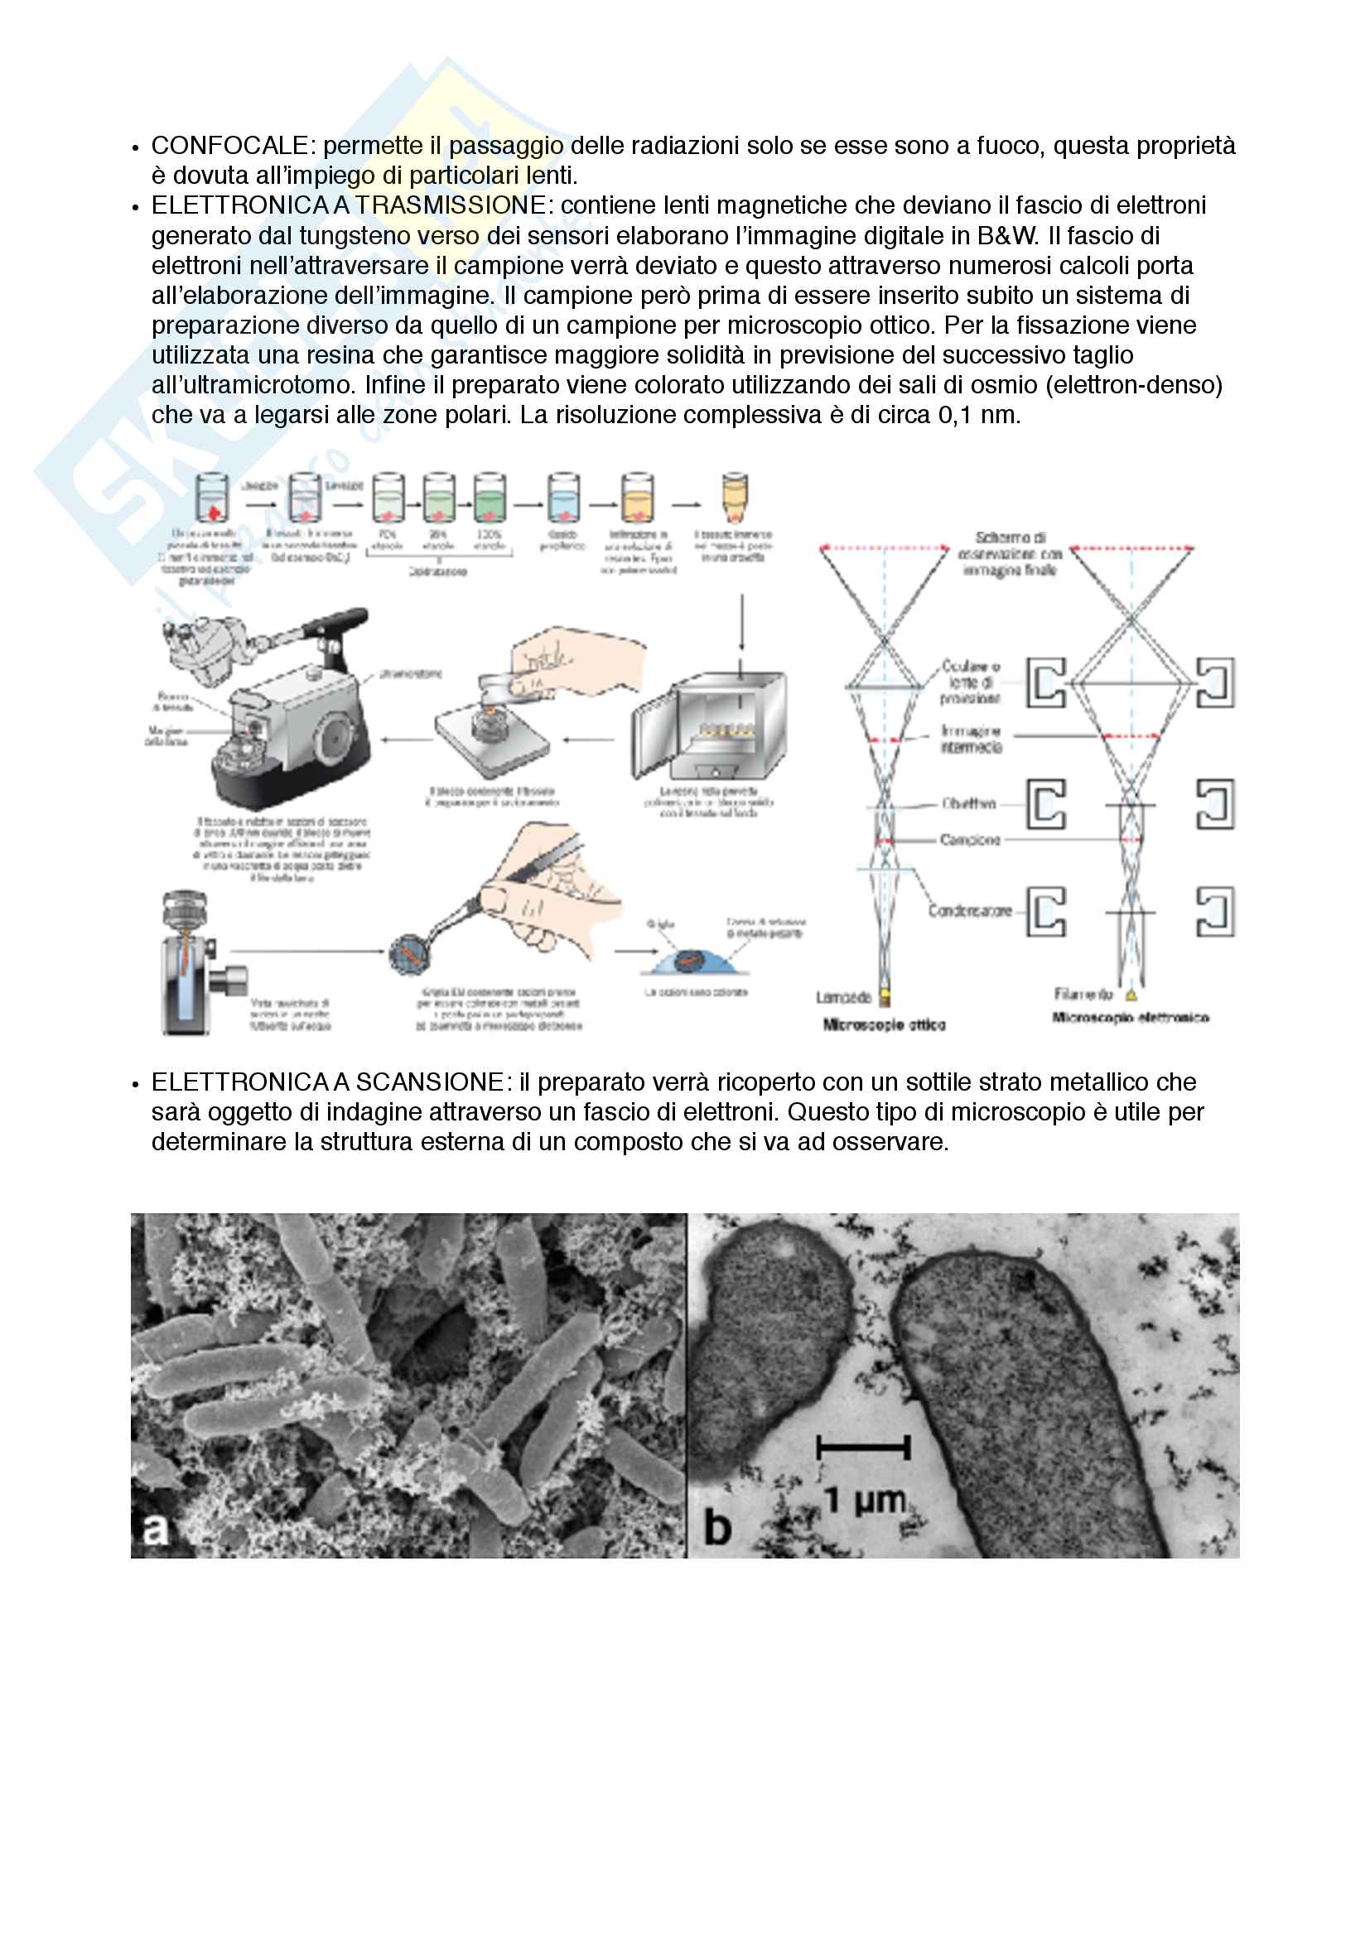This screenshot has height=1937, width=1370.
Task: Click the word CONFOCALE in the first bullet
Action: pos(229,146)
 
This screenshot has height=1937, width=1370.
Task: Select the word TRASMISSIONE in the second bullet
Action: pos(451,206)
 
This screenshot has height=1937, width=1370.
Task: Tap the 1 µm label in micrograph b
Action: pos(864,1500)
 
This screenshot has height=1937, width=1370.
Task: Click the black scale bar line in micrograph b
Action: pos(863,1448)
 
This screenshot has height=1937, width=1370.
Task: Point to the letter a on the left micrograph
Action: pos(155,1529)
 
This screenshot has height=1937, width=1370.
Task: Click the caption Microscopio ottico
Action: pos(884,1025)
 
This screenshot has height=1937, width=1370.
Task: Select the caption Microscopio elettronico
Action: pos(1131,1019)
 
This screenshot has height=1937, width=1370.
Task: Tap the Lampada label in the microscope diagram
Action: pos(843,998)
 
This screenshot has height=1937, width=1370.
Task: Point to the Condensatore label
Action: pos(969,911)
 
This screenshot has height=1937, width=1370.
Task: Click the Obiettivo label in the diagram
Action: pos(968,804)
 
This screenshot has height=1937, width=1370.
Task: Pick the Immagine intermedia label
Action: pos(971,739)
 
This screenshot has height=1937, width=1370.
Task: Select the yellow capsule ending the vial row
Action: pos(735,498)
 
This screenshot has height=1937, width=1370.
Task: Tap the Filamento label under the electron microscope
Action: pos(1083,995)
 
